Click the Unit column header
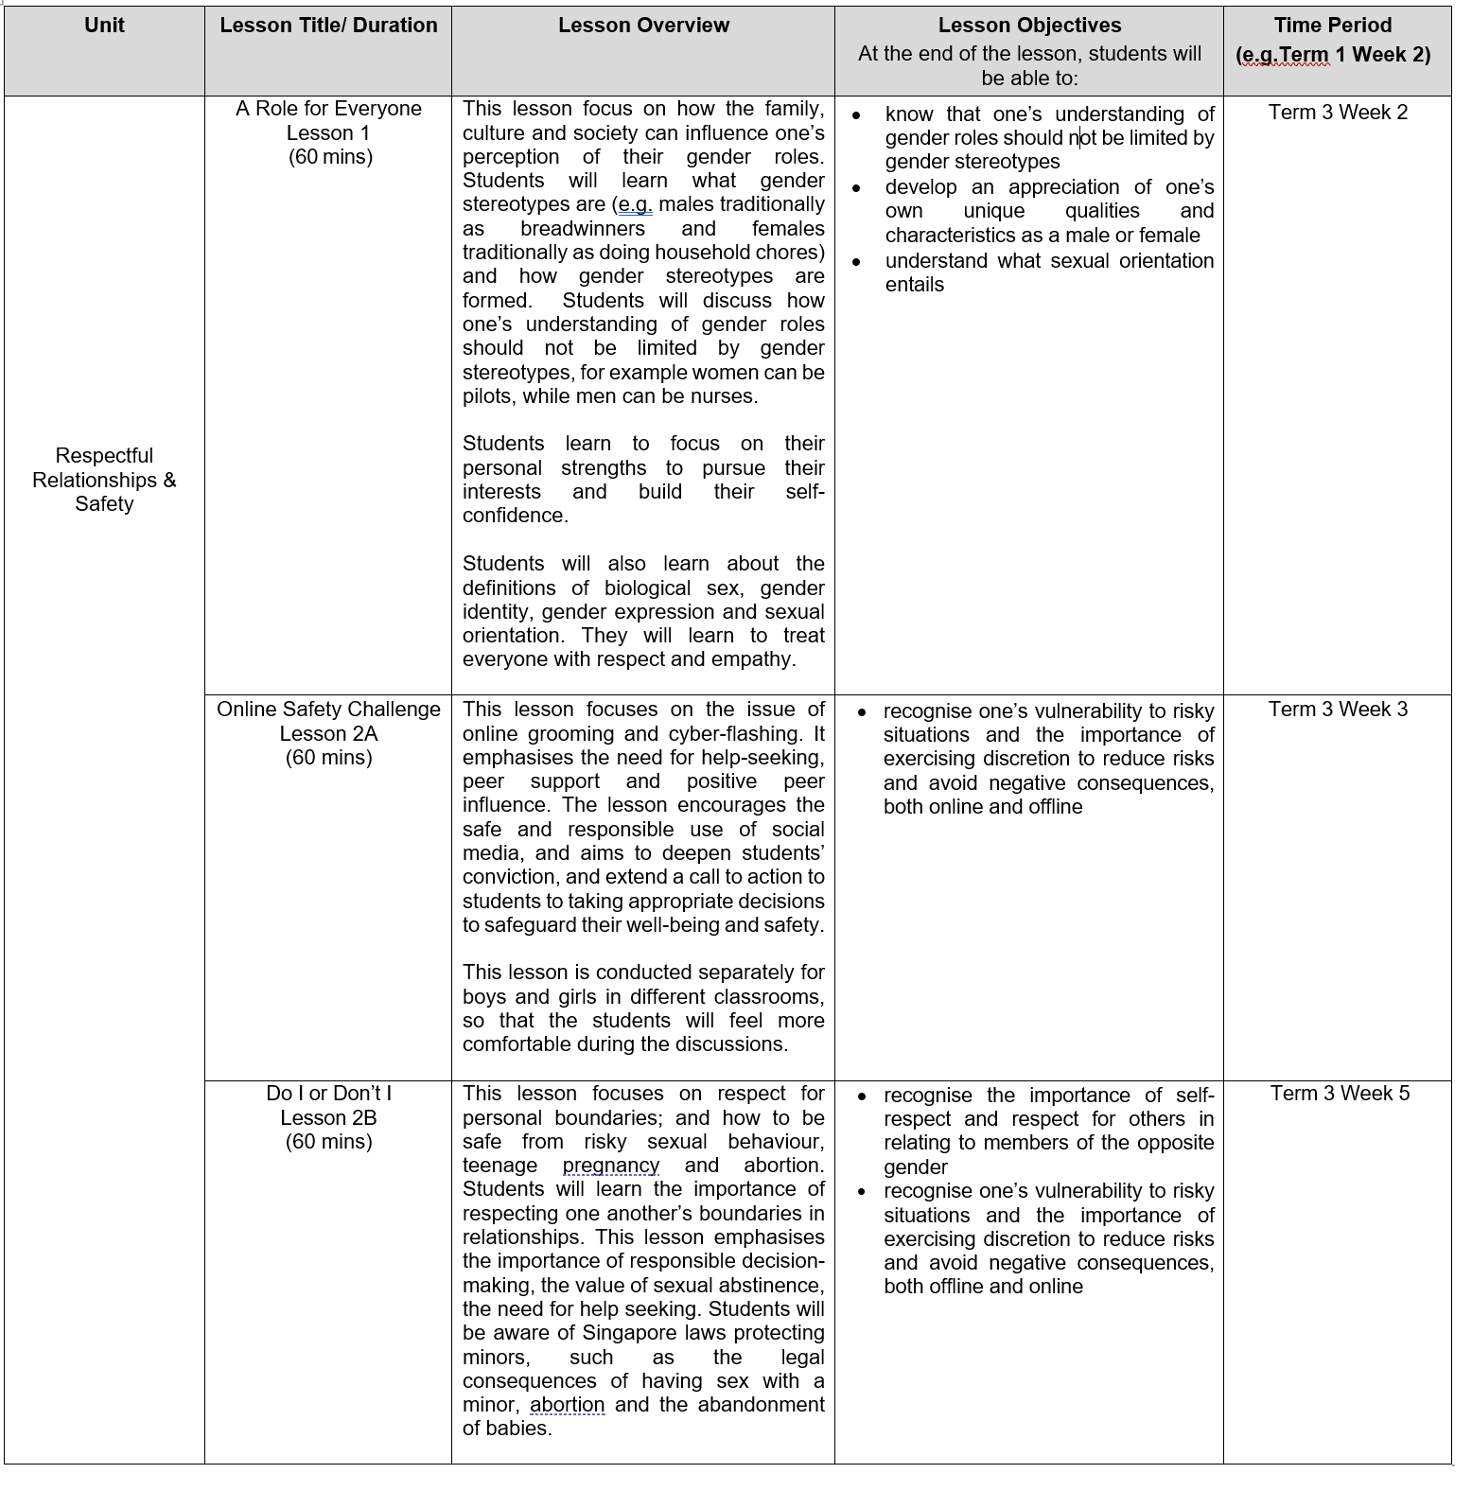pos(104,26)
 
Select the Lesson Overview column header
pos(643,26)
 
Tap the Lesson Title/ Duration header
pos(328,26)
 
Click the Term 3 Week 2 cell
pos(1338,113)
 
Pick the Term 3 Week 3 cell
pos(1338,710)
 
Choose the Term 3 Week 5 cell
pos(1340,1094)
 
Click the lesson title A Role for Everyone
pos(328,109)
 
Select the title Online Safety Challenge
pos(328,710)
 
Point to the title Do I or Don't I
pos(328,1094)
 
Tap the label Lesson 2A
pos(328,734)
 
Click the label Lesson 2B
pos(328,1118)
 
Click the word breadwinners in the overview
pos(583,229)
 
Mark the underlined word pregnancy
pos(611,1166)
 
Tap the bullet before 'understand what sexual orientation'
pos(857,262)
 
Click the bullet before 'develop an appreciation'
pos(857,188)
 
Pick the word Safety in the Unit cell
pos(104,504)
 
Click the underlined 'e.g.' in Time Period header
pos(1257,55)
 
